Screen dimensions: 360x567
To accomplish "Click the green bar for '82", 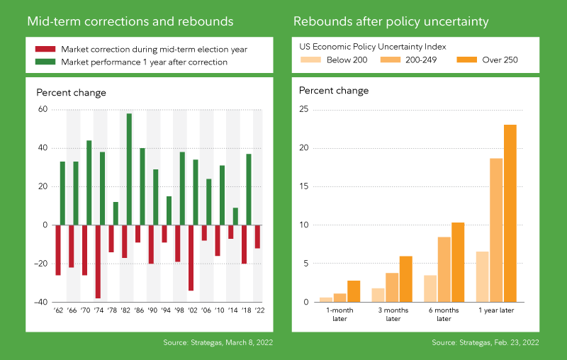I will [129, 169].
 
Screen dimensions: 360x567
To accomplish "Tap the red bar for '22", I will [257, 237].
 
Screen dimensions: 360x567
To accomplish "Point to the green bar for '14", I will [235, 216].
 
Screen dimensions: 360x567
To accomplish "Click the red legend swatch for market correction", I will [45, 49].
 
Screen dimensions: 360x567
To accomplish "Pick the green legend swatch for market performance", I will [45, 62].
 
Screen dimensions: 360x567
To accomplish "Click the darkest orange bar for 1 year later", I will [510, 213].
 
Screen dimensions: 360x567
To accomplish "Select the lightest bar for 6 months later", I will [430, 288].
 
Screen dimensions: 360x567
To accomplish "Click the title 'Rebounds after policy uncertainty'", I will [391, 21].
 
